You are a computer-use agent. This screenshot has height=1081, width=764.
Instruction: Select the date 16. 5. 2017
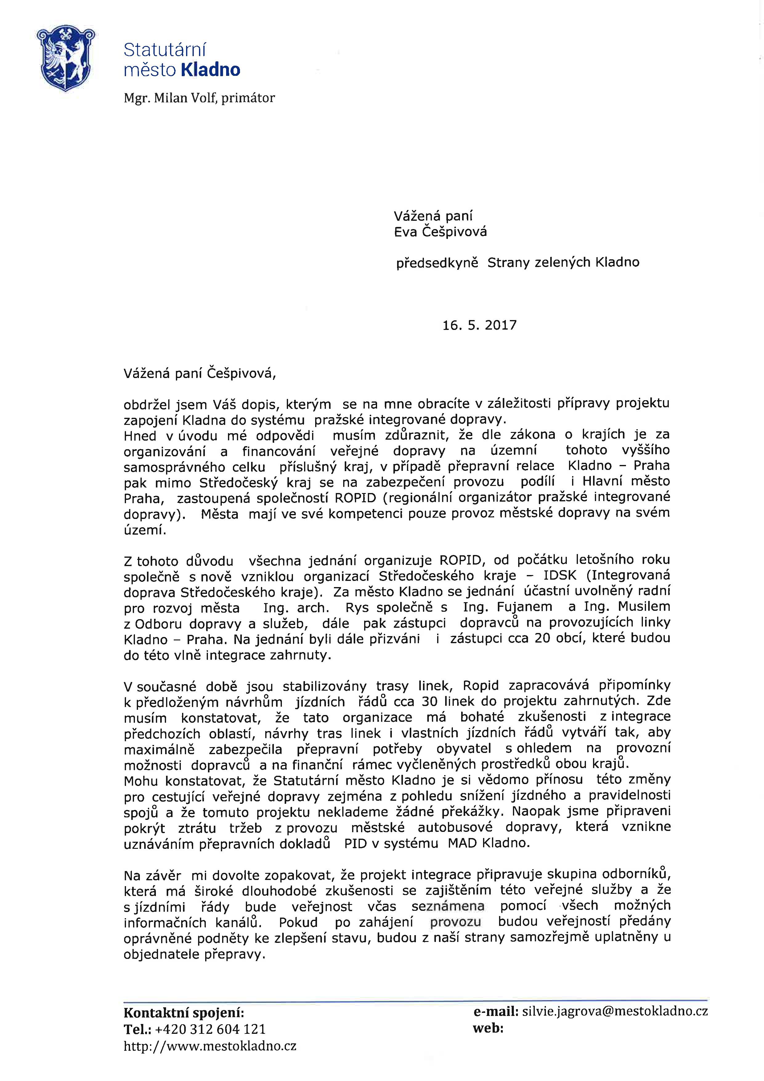[479, 325]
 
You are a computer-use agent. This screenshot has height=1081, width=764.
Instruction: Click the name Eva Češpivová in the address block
[440, 232]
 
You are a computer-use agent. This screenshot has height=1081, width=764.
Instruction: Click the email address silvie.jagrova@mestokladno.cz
[615, 1011]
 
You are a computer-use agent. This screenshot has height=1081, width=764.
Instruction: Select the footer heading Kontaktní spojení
[184, 1013]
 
